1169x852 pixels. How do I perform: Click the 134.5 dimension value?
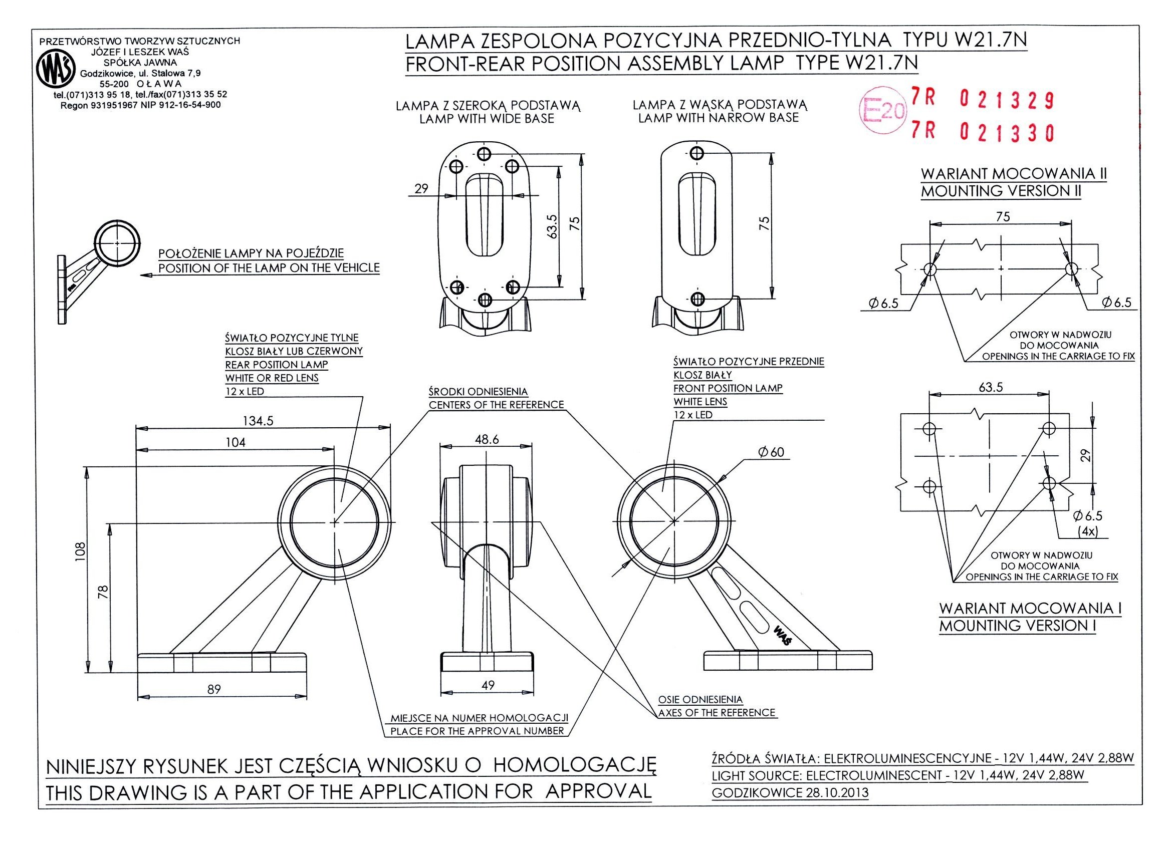tap(258, 421)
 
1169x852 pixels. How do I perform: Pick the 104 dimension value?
tap(237, 442)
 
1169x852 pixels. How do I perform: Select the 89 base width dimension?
tap(214, 689)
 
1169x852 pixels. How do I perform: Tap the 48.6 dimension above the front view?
tap(487, 439)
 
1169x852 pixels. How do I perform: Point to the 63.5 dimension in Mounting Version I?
tap(991, 387)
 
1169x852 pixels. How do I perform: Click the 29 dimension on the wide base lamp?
tap(421, 189)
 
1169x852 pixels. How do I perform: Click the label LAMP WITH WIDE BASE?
tap(487, 119)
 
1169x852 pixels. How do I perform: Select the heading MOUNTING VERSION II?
tap(1000, 191)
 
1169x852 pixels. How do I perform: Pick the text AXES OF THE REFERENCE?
tap(717, 712)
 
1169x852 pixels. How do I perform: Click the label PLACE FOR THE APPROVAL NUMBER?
tap(477, 731)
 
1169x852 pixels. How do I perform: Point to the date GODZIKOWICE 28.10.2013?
tap(790, 793)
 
